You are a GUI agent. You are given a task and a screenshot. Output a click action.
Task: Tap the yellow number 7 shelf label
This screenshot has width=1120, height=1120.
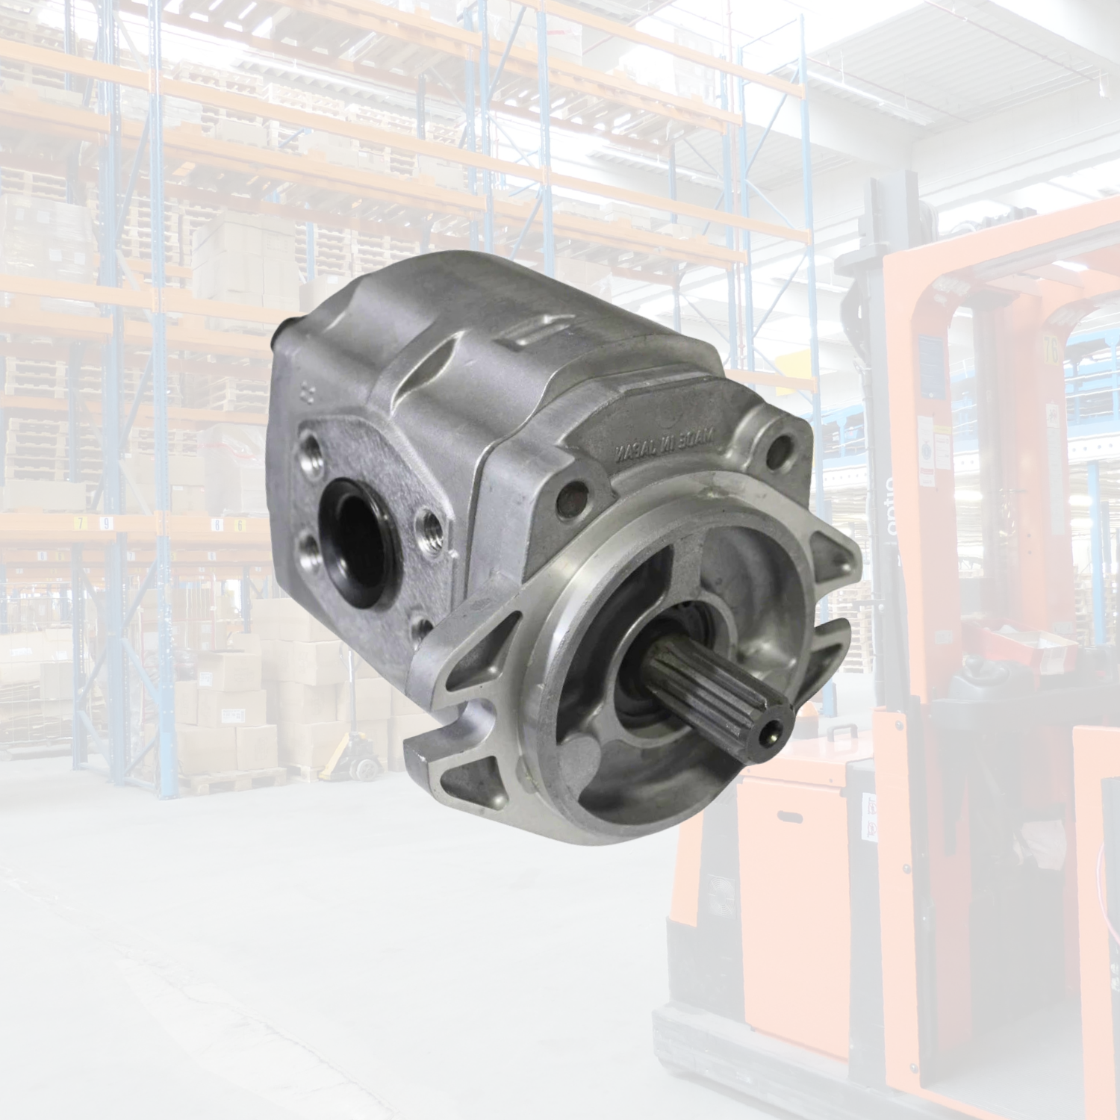[x=81, y=523]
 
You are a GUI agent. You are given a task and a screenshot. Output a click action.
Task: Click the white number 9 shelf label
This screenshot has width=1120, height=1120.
[x=107, y=523]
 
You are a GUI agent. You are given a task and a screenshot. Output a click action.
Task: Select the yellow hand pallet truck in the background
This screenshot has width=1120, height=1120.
[x=351, y=754]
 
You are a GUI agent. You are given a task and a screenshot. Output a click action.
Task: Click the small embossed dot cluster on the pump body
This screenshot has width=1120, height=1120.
[x=306, y=394]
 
